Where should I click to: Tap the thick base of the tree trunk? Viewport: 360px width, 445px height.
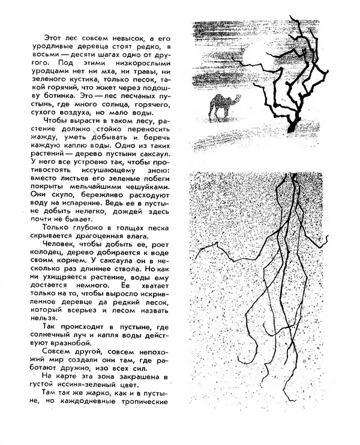292,125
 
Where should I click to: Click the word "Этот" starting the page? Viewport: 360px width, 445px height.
55,38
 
